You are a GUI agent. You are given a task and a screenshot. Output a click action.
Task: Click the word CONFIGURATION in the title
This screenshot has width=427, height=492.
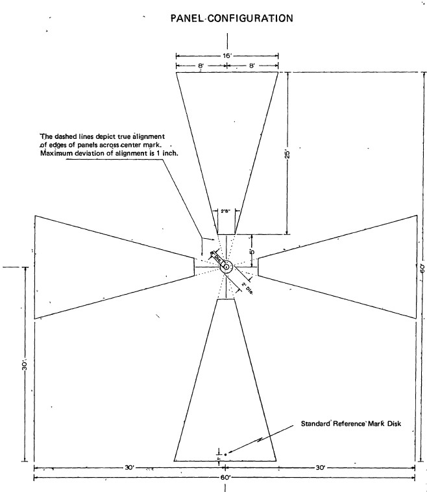click(252, 18)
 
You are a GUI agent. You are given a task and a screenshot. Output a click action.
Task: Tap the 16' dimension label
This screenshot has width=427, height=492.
click(227, 56)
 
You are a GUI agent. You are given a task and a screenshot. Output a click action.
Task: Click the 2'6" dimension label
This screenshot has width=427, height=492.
click(226, 210)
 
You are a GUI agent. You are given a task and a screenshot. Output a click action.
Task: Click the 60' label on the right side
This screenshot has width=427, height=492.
click(421, 267)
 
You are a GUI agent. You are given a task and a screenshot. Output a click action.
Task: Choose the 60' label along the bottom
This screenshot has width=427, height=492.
click(225, 478)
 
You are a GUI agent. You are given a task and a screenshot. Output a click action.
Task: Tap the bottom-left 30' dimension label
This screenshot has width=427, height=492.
click(130, 467)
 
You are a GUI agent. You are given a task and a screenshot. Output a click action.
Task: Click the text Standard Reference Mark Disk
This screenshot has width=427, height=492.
click(351, 425)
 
